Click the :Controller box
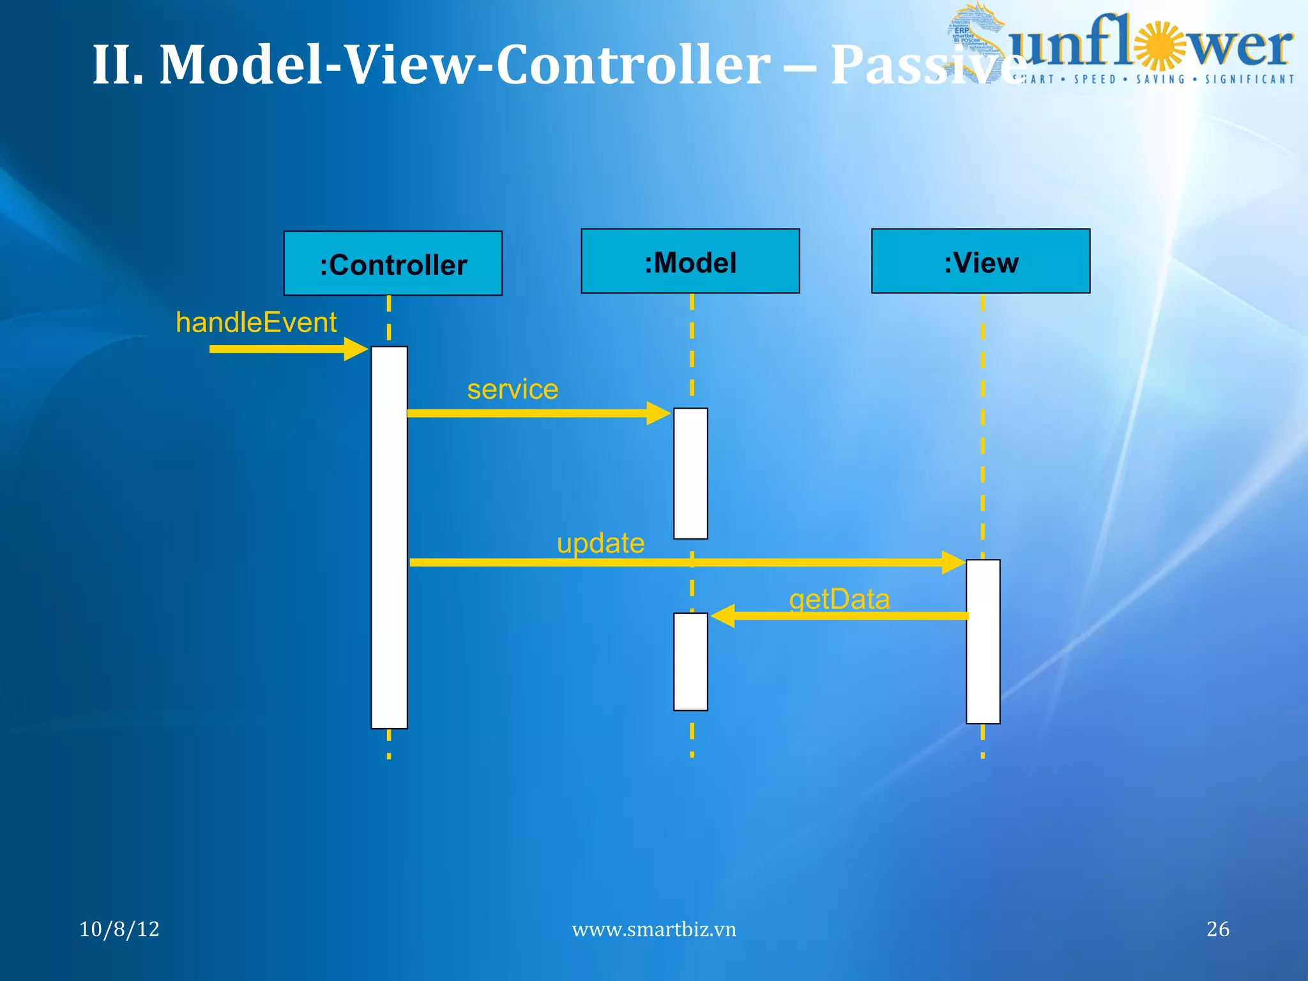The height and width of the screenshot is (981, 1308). pos(393,263)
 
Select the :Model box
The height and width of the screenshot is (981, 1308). pos(690,261)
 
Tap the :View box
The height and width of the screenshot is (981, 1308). pos(980,261)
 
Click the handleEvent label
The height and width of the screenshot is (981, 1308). pos(256,323)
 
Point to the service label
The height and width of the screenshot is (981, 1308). pos(512,389)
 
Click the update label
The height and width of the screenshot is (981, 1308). pos(600,544)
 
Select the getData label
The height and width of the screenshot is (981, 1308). pos(839,599)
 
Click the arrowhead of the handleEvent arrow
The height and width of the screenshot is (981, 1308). pos(356,349)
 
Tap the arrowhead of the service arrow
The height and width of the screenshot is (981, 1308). pos(658,413)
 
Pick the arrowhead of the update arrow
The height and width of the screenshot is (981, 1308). pos(954,563)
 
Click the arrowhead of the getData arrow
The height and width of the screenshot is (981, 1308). pos(722,616)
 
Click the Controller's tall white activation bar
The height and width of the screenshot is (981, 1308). pos(389,536)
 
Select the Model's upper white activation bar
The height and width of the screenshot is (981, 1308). pos(690,473)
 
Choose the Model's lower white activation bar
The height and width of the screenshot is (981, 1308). pos(690,661)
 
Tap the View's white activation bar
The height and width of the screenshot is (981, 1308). pos(983,641)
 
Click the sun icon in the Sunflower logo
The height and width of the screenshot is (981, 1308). pos(1161,45)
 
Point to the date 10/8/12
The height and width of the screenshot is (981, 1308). pos(119,929)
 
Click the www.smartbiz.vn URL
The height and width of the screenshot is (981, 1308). pos(654,929)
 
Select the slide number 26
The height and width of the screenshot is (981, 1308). pos(1217,929)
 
